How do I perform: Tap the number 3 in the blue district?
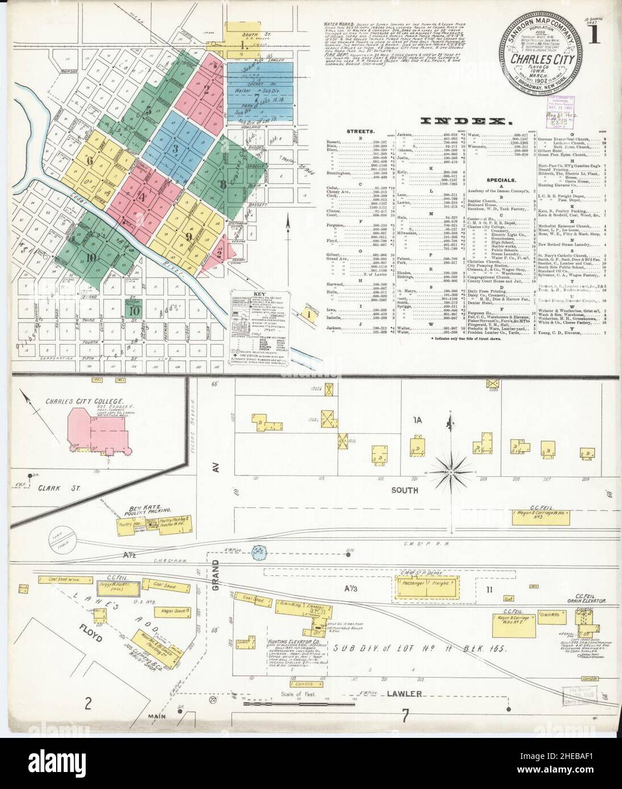coord(176,149)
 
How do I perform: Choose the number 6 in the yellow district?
coord(90,160)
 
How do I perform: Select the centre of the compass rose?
coord(452,472)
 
